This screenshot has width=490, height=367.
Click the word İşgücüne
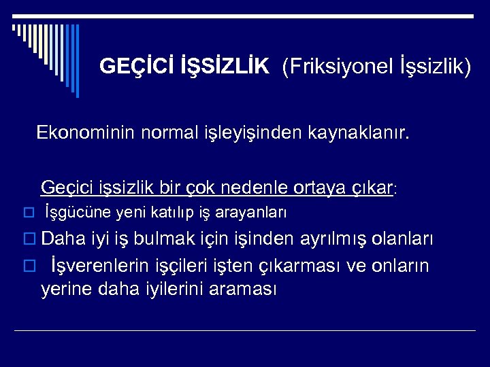[79, 213]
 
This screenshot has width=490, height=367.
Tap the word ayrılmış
[331, 239]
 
